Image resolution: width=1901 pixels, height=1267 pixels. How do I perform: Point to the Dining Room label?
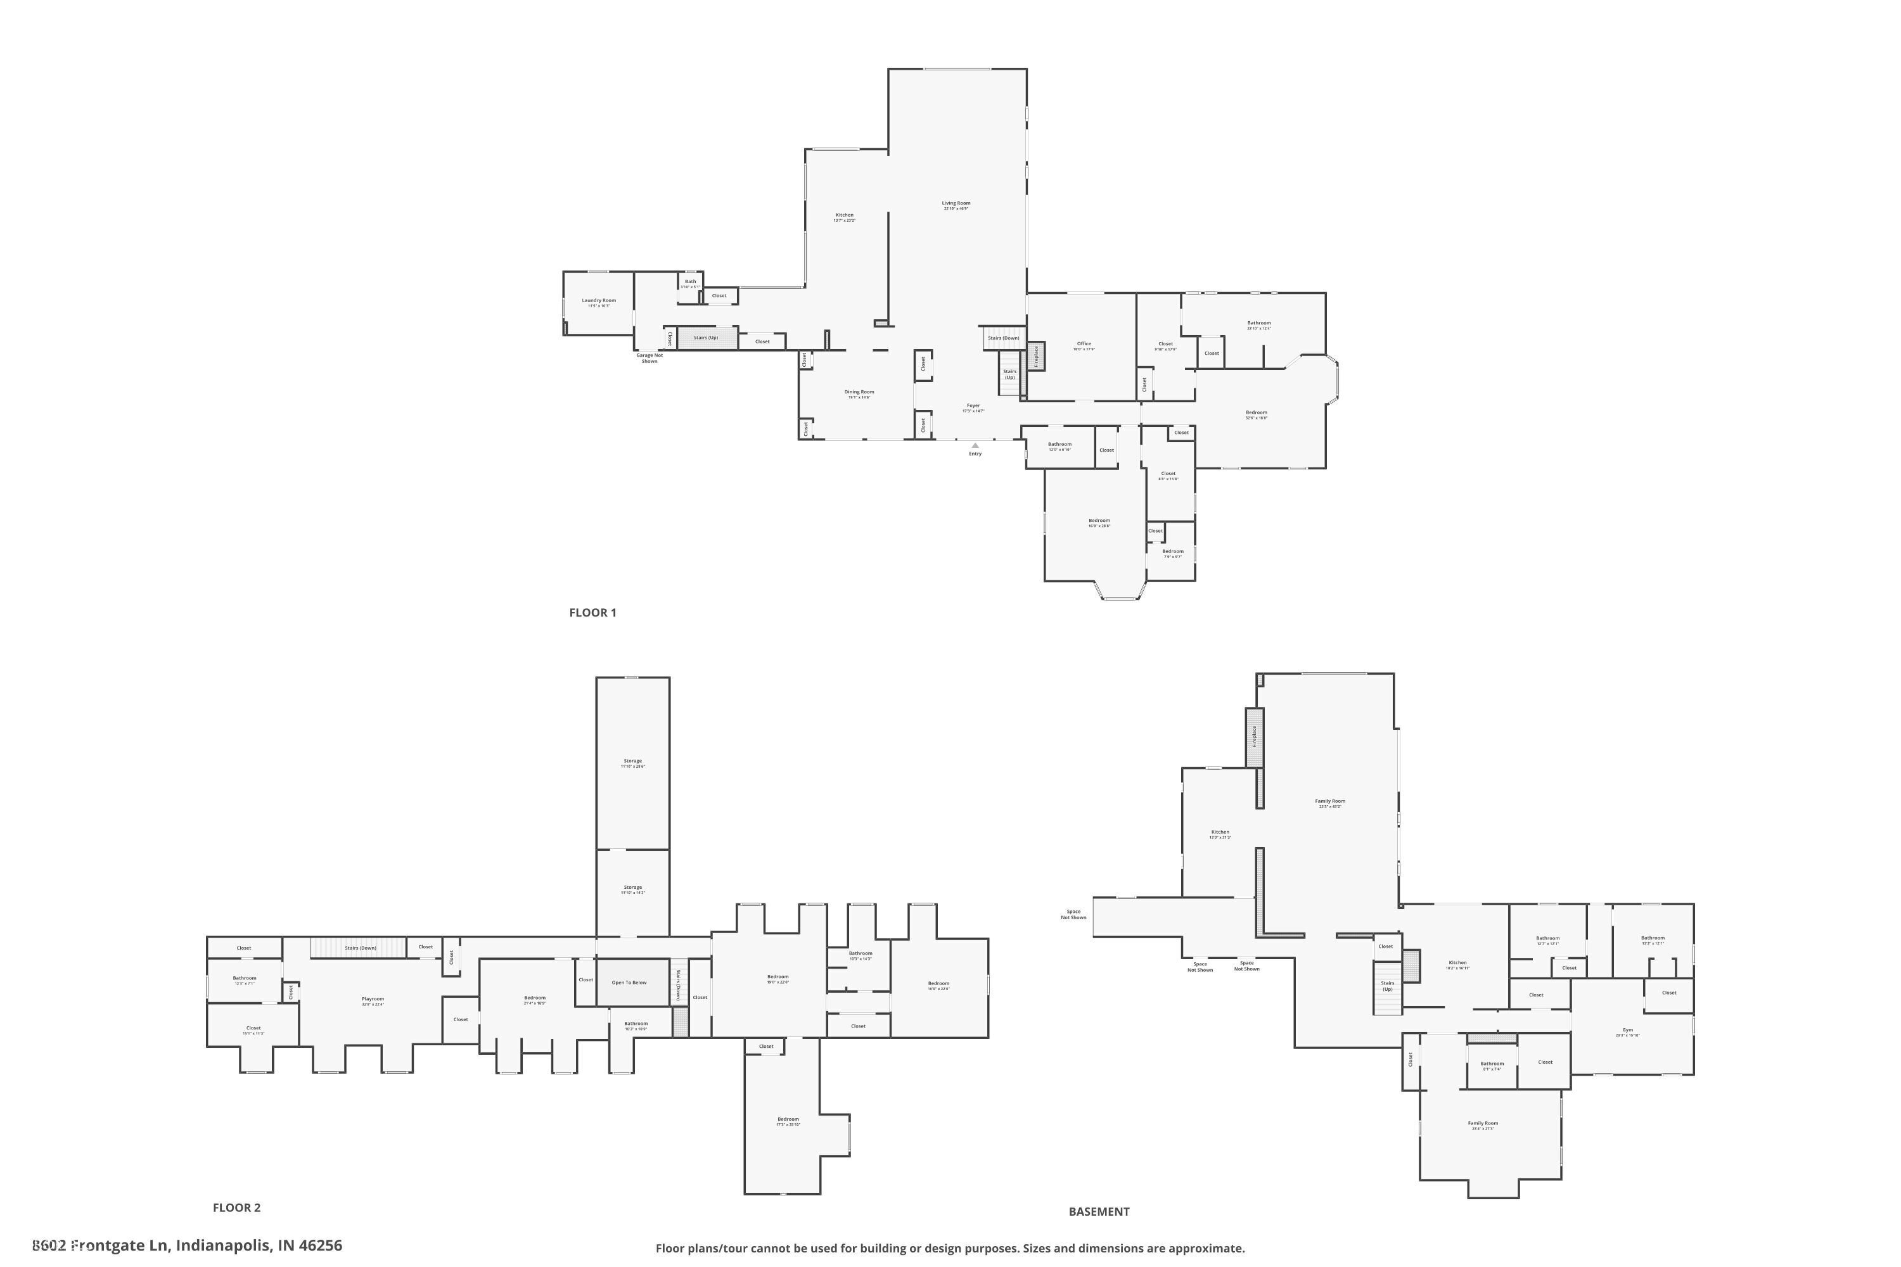tap(859, 393)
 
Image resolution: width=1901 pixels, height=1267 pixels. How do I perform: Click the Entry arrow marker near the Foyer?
tap(975, 445)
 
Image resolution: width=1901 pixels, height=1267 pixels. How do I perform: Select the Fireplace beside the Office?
tap(1036, 356)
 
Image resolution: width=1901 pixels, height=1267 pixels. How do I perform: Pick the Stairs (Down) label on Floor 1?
tap(1003, 338)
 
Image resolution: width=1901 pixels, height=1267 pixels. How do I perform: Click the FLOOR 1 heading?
tap(592, 613)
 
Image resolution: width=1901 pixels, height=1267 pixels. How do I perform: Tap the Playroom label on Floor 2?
tap(373, 1000)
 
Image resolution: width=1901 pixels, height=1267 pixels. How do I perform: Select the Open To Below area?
tap(629, 983)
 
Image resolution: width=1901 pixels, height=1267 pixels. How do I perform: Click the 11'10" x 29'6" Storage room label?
tap(633, 762)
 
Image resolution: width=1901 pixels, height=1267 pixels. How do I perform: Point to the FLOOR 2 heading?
tap(236, 1207)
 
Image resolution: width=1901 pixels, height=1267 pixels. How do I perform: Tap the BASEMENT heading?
tap(1098, 1211)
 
